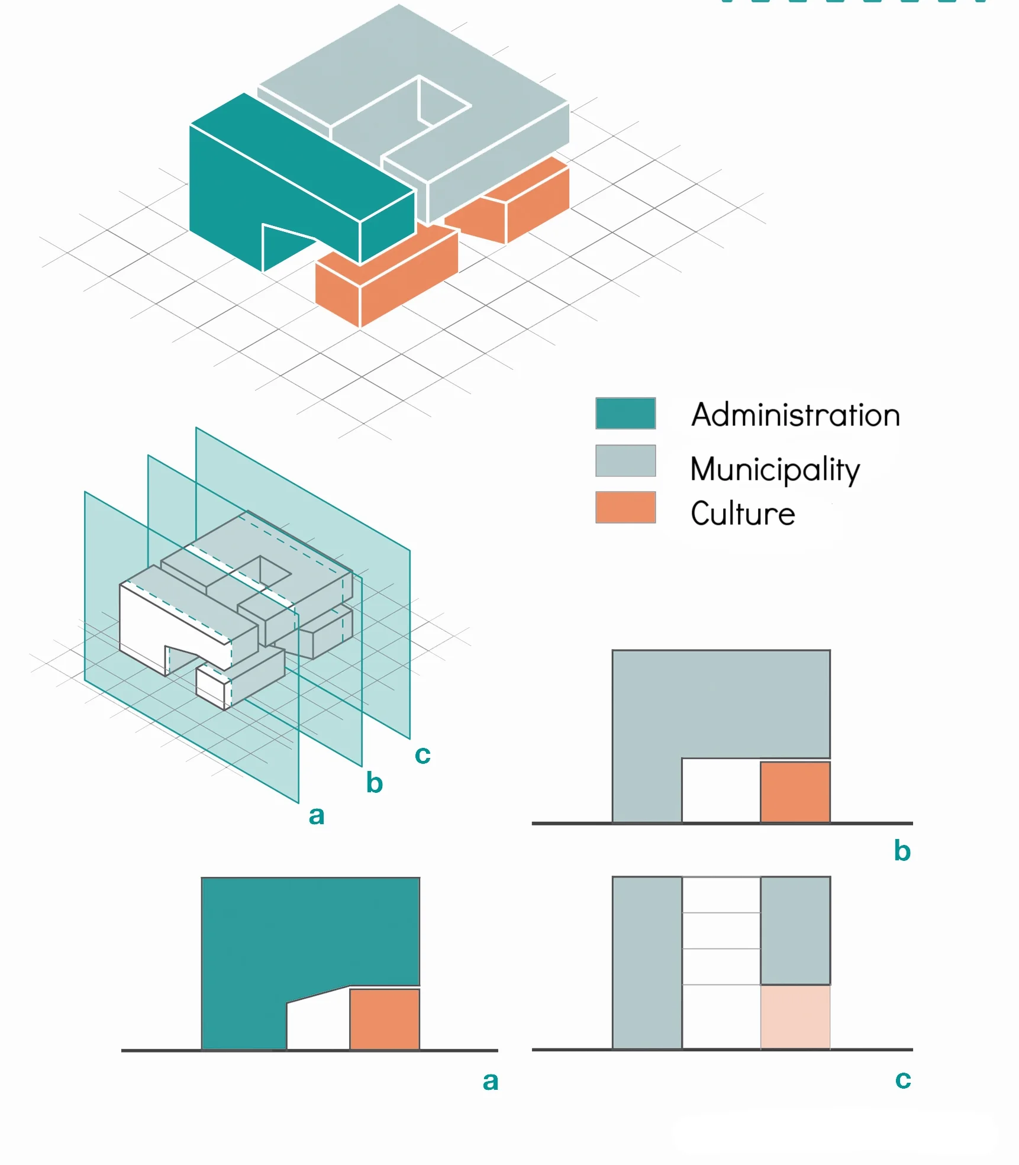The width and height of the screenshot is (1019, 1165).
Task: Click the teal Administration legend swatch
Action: [625, 413]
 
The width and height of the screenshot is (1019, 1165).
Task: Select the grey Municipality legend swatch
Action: [625, 460]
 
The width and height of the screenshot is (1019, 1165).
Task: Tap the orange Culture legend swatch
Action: [625, 507]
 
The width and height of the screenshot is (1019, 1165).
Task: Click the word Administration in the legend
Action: [795, 415]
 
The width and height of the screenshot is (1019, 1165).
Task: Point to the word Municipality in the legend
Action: [775, 469]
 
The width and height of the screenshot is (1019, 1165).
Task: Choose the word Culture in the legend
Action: [743, 514]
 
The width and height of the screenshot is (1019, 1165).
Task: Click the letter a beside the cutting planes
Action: [317, 815]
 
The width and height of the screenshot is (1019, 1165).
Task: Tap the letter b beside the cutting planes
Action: [374, 783]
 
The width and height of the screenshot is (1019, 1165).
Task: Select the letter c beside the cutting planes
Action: [423, 754]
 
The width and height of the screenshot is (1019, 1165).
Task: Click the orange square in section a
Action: [385, 1019]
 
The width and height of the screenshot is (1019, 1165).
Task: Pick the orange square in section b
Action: [795, 792]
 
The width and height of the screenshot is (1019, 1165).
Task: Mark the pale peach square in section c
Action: [795, 1016]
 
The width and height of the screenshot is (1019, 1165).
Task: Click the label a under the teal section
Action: [490, 1081]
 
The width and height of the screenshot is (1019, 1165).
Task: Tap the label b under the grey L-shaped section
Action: [902, 851]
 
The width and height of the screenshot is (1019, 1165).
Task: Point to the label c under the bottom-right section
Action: [902, 1079]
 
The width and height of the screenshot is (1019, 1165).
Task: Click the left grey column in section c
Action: [647, 963]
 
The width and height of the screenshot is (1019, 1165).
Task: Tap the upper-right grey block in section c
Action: [795, 930]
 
